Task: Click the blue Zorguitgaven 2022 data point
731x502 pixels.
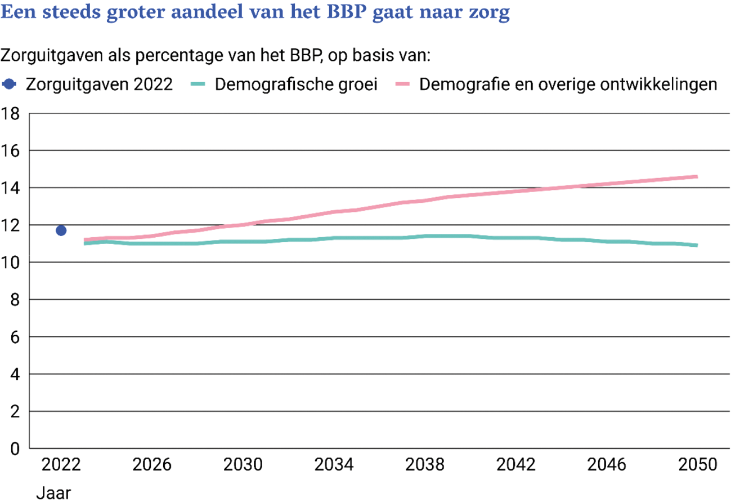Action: tap(61, 230)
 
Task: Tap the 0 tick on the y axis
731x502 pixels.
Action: tap(16, 449)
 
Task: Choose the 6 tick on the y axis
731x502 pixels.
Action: tap(16, 337)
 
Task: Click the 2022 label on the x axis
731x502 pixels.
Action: tap(61, 466)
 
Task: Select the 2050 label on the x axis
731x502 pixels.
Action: tap(698, 466)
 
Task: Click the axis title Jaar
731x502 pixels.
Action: tap(54, 493)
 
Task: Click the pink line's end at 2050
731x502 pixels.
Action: tap(697, 176)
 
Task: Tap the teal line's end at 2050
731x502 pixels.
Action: tap(697, 245)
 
